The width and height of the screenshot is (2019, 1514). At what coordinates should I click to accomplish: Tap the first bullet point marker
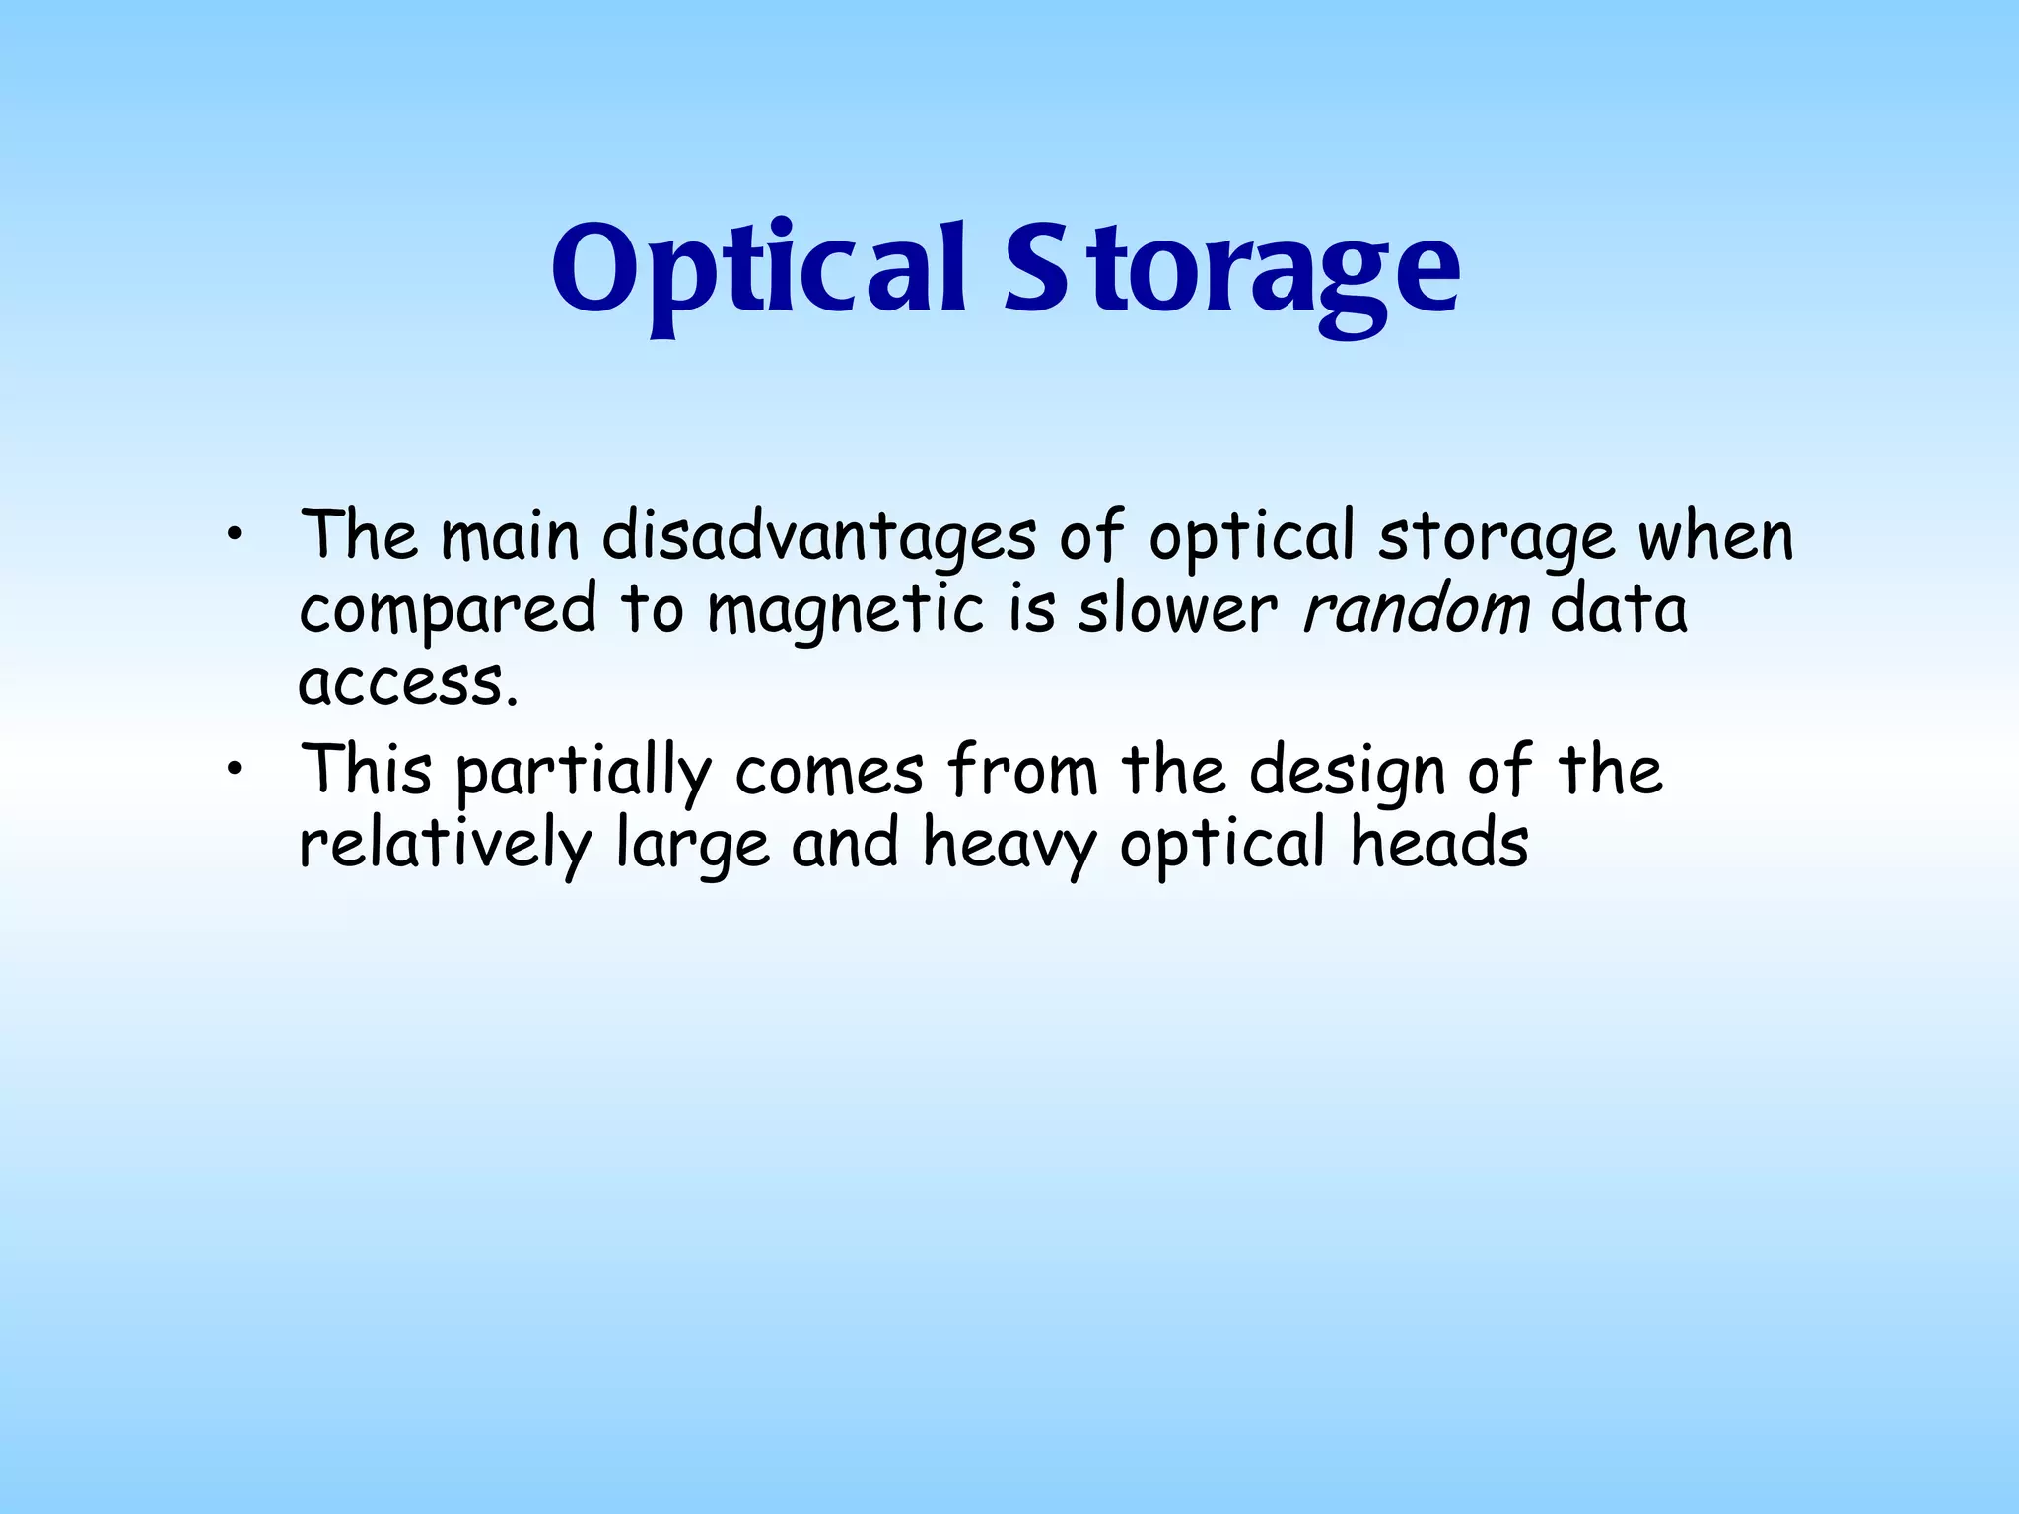point(233,535)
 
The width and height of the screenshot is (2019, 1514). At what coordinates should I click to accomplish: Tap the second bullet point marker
point(233,770)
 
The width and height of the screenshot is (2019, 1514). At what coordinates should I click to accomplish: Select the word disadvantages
point(818,537)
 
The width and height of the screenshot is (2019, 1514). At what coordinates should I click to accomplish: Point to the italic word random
point(1416,610)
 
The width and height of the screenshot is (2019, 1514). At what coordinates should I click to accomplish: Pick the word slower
point(1177,610)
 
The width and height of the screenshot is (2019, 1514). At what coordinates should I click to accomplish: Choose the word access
point(407,682)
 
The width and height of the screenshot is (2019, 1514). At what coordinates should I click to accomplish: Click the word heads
point(1439,844)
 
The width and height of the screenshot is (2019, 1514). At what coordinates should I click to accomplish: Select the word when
point(1715,537)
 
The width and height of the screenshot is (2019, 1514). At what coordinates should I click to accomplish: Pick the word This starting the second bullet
point(366,770)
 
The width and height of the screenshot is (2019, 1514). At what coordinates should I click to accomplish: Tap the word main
point(510,537)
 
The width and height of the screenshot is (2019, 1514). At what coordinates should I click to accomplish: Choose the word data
point(1619,610)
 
